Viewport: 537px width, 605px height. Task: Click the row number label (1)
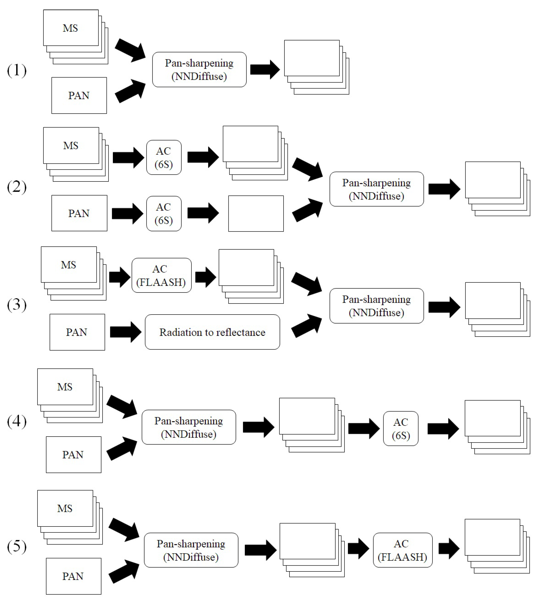click(17, 70)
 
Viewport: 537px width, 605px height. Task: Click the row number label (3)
click(17, 305)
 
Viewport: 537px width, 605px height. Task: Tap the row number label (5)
click(17, 546)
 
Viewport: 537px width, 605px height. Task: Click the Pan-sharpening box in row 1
click(199, 70)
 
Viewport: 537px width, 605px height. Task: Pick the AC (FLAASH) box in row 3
click(161, 275)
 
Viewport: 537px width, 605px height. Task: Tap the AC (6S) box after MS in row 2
click(164, 157)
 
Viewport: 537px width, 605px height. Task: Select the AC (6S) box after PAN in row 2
click(164, 213)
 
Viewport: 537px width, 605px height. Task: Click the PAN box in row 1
click(79, 95)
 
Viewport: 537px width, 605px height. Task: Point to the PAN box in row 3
click(77, 332)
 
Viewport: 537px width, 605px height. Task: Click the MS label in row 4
click(65, 387)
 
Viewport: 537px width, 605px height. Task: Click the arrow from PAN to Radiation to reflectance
click(126, 332)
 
